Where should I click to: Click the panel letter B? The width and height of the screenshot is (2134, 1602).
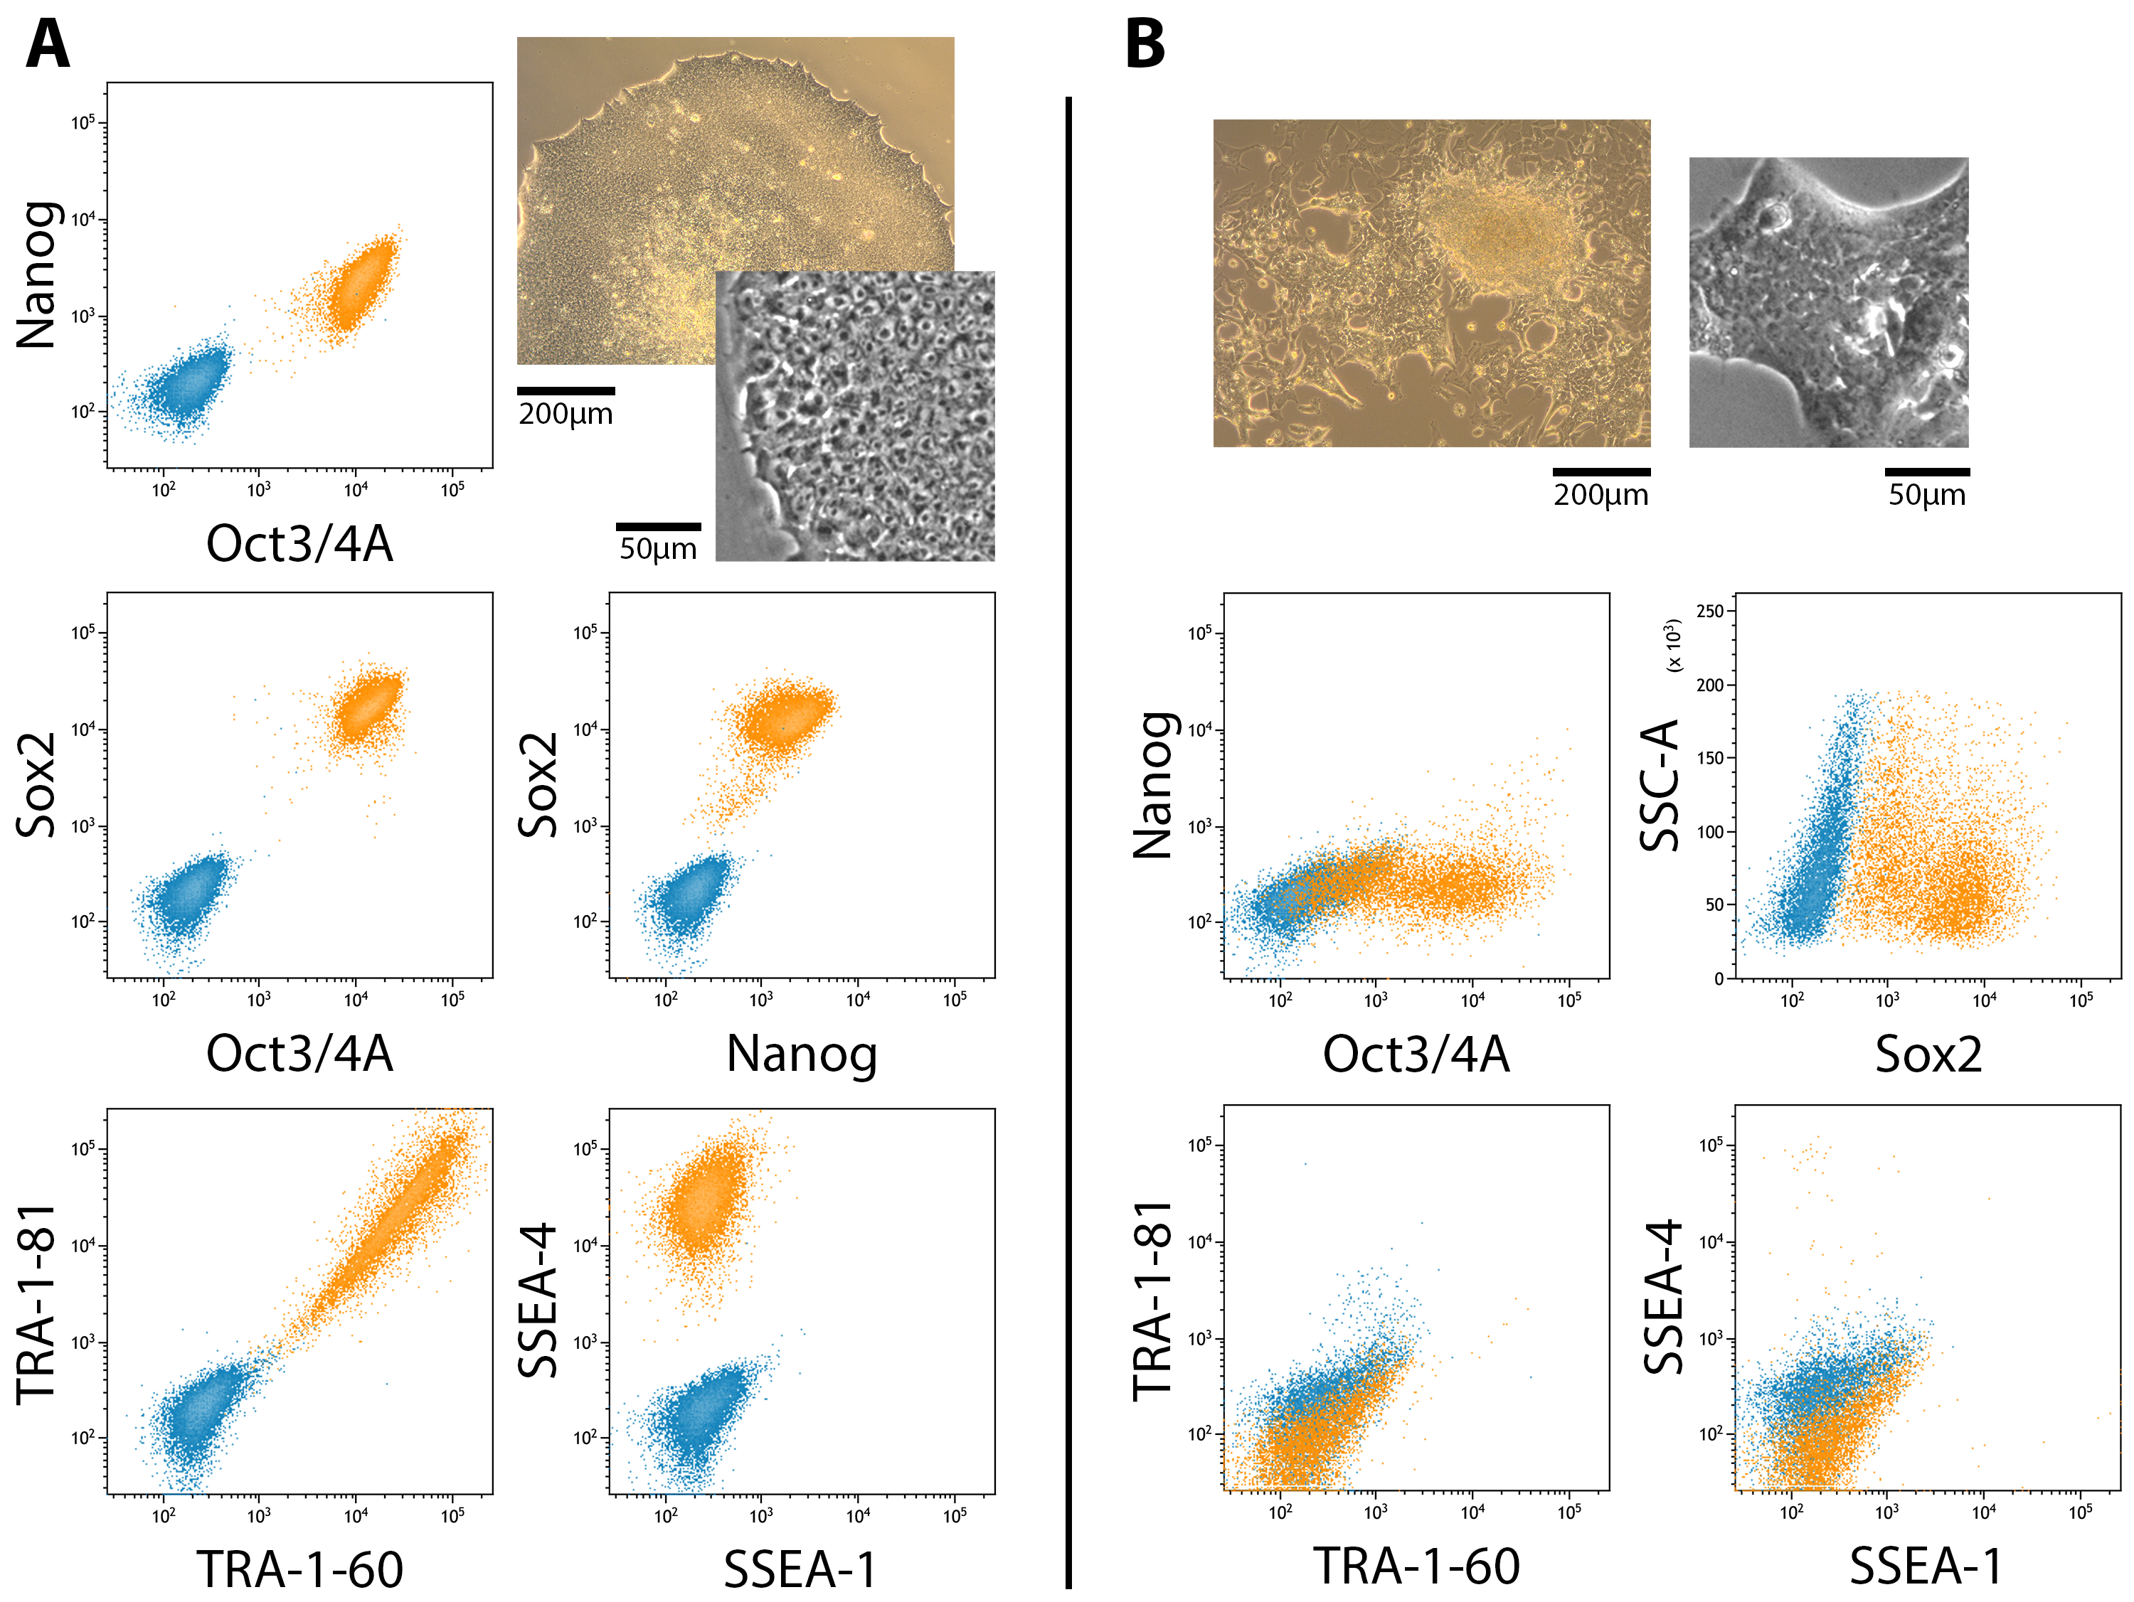click(x=1145, y=46)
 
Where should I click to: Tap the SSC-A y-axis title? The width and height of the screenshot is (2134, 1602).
click(x=1660, y=785)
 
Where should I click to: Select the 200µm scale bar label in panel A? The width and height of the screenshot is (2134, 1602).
click(x=566, y=415)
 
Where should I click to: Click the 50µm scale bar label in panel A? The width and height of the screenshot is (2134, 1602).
click(x=658, y=549)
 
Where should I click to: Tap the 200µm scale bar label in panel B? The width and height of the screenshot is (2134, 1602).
click(x=1600, y=495)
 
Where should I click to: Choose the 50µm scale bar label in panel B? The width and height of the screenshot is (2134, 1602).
click(x=1926, y=495)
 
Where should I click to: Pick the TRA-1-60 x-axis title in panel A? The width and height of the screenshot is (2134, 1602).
click(x=300, y=1569)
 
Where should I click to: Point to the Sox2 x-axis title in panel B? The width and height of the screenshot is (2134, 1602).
click(x=1928, y=1054)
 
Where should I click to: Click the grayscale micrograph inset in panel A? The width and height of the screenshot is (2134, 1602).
click(x=855, y=417)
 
